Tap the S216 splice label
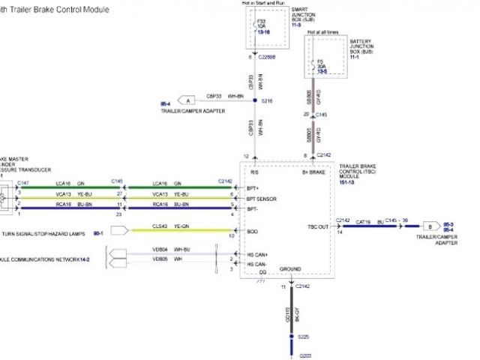(x=268, y=100)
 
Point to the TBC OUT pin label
(x=318, y=226)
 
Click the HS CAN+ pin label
(x=258, y=255)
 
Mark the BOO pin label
(x=253, y=232)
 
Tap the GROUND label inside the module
(x=290, y=268)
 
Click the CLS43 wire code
(x=159, y=225)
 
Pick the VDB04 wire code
(x=160, y=249)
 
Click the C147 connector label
(x=23, y=182)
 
